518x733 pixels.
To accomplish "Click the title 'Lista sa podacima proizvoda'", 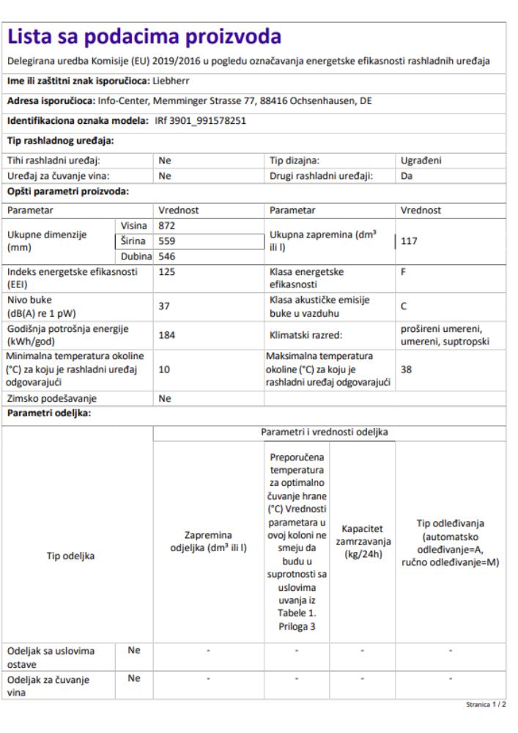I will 144,37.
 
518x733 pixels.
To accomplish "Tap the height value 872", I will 167,225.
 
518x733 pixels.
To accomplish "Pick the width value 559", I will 167,240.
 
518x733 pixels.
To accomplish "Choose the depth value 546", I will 167,256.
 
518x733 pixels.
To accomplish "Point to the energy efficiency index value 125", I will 167,271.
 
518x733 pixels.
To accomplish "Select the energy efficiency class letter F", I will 404,271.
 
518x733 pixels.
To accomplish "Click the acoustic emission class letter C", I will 404,307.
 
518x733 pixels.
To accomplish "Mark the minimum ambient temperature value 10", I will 164,370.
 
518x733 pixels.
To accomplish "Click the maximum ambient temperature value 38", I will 407,370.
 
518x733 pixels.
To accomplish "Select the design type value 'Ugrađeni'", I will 421,160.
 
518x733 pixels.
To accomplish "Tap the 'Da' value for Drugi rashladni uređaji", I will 407,176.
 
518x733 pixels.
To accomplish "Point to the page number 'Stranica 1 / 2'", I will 485,704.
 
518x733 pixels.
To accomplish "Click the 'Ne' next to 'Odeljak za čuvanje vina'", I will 134,678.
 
